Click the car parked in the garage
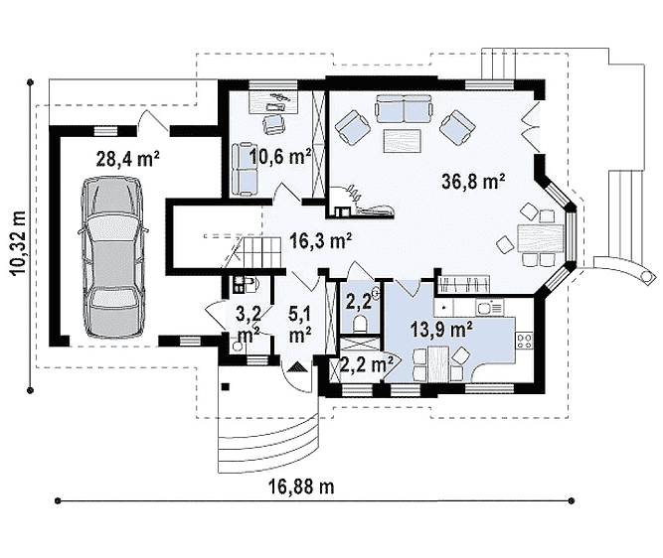(x=113, y=257)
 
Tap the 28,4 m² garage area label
(x=127, y=159)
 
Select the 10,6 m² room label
(x=280, y=157)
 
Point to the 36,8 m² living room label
(x=473, y=182)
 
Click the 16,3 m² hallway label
(x=321, y=241)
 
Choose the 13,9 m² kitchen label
(x=441, y=329)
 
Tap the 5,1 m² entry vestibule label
(x=300, y=325)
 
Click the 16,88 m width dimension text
(x=301, y=487)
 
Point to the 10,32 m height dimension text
(x=20, y=243)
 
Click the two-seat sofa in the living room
(x=404, y=107)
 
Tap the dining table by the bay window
(x=540, y=238)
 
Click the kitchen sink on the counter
(x=489, y=307)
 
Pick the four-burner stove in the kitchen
(x=524, y=341)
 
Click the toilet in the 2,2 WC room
(x=361, y=324)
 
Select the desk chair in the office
(x=274, y=124)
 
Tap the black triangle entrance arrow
(x=297, y=367)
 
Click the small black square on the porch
(x=226, y=386)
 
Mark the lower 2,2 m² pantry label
(x=366, y=364)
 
